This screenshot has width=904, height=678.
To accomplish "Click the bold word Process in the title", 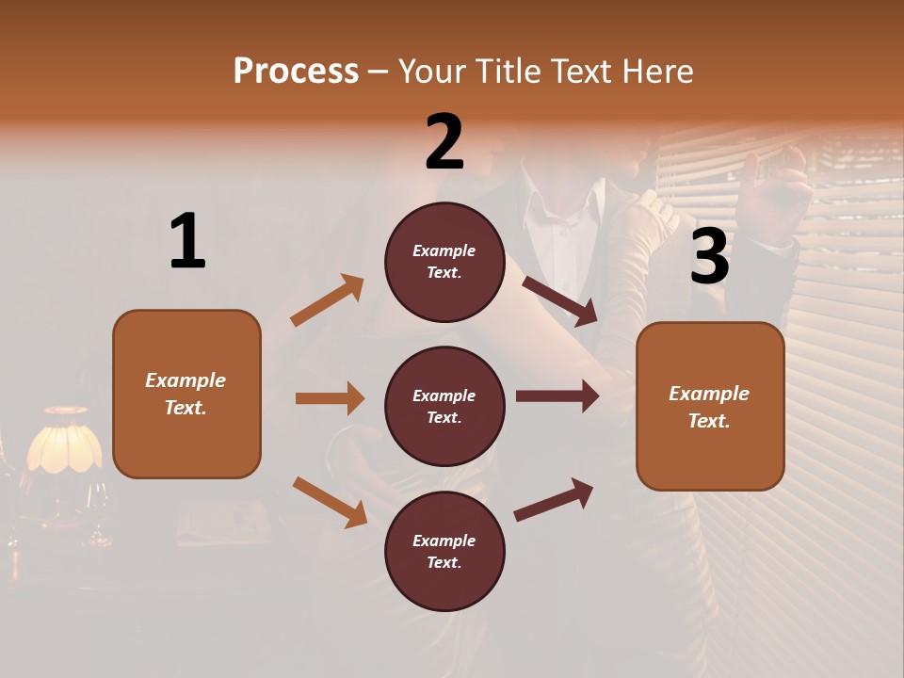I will tap(296, 71).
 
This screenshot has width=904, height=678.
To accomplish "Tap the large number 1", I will tap(187, 242).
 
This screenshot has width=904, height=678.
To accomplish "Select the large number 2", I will tap(444, 142).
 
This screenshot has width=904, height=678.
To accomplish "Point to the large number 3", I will tap(709, 257).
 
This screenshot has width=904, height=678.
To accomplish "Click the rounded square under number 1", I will tap(186, 394).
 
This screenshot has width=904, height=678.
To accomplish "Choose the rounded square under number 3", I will tap(710, 407).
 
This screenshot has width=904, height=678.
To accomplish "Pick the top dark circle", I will tap(444, 262).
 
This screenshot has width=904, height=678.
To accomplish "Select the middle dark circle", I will tap(444, 406).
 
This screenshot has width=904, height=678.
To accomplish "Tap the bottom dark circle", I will tap(444, 551).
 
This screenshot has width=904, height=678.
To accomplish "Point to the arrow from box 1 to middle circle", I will tap(330, 398).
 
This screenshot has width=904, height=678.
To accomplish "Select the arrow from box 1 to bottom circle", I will tap(330, 501).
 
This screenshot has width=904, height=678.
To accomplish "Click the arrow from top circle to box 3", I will tap(560, 300).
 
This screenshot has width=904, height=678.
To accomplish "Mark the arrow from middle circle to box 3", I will tap(557, 396).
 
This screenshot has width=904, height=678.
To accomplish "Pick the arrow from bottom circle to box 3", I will tap(554, 500).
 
